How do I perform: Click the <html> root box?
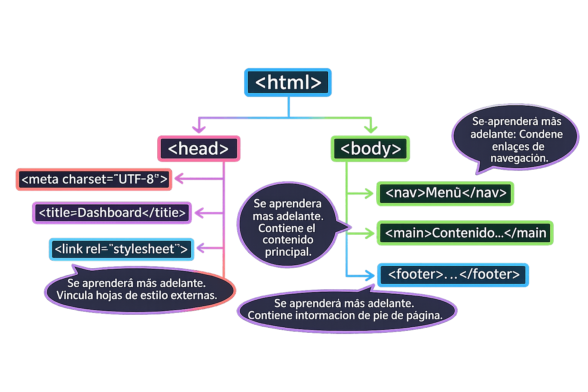(288, 82)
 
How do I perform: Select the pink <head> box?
(199, 149)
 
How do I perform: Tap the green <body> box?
(370, 149)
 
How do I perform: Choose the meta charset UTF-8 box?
(94, 179)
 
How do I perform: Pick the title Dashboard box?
(112, 213)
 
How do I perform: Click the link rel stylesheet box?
(121, 249)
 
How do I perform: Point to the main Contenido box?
(465, 233)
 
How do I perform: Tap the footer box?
(453, 275)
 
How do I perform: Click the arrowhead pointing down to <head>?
(199, 129)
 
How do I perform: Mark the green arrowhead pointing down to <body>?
(371, 129)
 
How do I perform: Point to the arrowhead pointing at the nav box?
(369, 194)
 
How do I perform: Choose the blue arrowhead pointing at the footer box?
(369, 275)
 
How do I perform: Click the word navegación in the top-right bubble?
(519, 158)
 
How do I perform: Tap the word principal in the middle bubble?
(288, 252)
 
